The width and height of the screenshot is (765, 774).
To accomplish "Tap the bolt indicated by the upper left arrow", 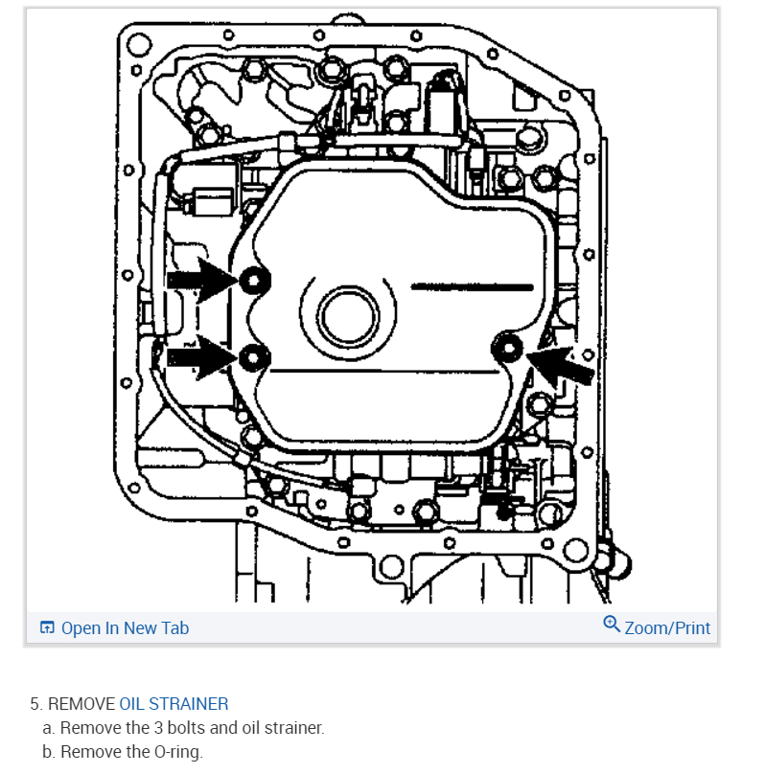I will pos(254,280).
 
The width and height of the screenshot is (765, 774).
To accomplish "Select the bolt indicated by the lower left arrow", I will pos(252,358).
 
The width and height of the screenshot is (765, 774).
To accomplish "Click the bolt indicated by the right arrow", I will pos(507,350).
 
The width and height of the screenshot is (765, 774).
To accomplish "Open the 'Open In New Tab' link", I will pos(125,628).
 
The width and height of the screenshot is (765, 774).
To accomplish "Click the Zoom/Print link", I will pos(667,628).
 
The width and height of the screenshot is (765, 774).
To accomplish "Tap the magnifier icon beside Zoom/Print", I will pos(612,626).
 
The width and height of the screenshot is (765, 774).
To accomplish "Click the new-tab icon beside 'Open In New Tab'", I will pos(47,628).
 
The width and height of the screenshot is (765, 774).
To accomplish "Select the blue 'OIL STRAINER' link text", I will pos(174,704).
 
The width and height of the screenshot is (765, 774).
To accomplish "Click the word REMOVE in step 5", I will pos(81,704).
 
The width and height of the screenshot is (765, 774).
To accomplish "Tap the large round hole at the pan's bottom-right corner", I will pos(576,553).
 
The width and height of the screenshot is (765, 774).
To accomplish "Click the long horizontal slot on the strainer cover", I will pos(472,285).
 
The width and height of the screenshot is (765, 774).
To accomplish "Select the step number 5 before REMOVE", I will pos(35,704).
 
